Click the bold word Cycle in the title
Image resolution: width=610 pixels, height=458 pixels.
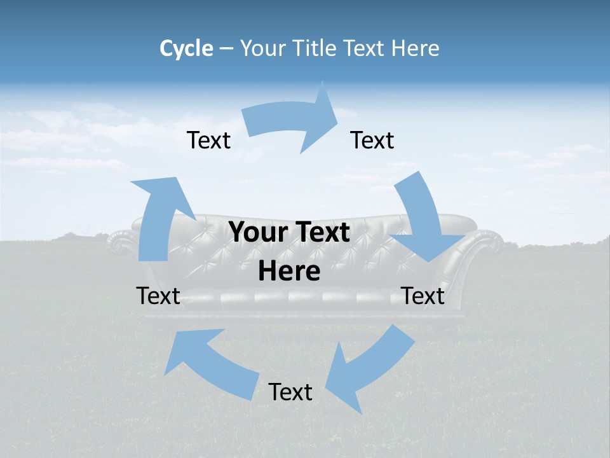[x=186, y=48]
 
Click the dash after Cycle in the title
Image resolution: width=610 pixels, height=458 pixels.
[x=226, y=49]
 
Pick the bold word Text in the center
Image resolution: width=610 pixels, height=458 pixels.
[x=322, y=232]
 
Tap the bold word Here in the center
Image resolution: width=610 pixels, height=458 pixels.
[x=289, y=271]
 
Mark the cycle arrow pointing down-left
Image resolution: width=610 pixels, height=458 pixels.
[x=369, y=369]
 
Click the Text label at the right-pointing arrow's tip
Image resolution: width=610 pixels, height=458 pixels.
[x=372, y=140]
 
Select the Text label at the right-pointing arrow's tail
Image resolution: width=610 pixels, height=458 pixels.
[x=208, y=140]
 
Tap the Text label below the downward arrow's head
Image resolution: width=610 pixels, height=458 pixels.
[x=423, y=296]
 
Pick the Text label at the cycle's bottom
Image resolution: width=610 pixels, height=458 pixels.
[x=290, y=392]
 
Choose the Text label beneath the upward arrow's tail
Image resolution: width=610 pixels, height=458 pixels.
[x=158, y=296]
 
